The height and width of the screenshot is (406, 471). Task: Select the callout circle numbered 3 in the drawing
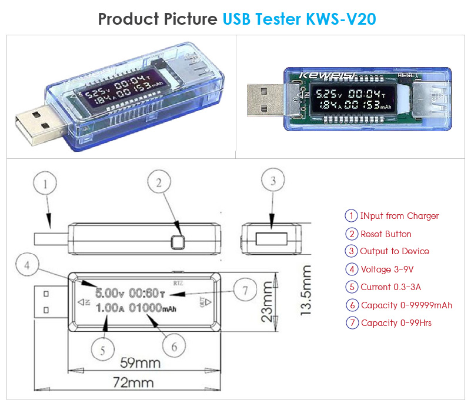click(272, 182)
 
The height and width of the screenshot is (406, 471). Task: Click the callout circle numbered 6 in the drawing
click(173, 347)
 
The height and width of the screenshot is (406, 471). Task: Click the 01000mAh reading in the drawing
click(152, 308)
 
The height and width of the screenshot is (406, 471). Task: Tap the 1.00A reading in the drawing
click(109, 308)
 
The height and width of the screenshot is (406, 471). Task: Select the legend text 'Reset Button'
click(386, 234)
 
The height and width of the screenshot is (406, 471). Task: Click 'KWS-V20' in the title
click(341, 19)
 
